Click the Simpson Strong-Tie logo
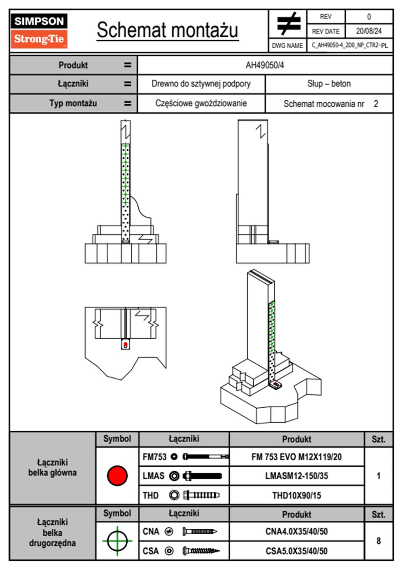[39, 30]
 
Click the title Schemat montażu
[168, 30]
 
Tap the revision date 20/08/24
[368, 31]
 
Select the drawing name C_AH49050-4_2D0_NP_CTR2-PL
[349, 45]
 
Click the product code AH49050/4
[265, 65]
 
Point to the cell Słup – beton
[329, 84]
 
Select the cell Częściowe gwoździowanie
[201, 103]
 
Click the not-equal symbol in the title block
[288, 24]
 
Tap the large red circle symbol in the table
[117, 475]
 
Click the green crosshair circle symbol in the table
[117, 541]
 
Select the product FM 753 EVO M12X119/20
[296, 457]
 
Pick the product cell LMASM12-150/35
[296, 476]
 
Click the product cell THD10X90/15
[296, 495]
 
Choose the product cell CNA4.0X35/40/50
[296, 531]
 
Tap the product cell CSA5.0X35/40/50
[296, 551]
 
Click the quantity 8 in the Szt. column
[378, 541]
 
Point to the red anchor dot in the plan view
[126, 345]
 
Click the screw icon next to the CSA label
[201, 551]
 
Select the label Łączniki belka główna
[52, 468]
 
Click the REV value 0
[369, 17]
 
